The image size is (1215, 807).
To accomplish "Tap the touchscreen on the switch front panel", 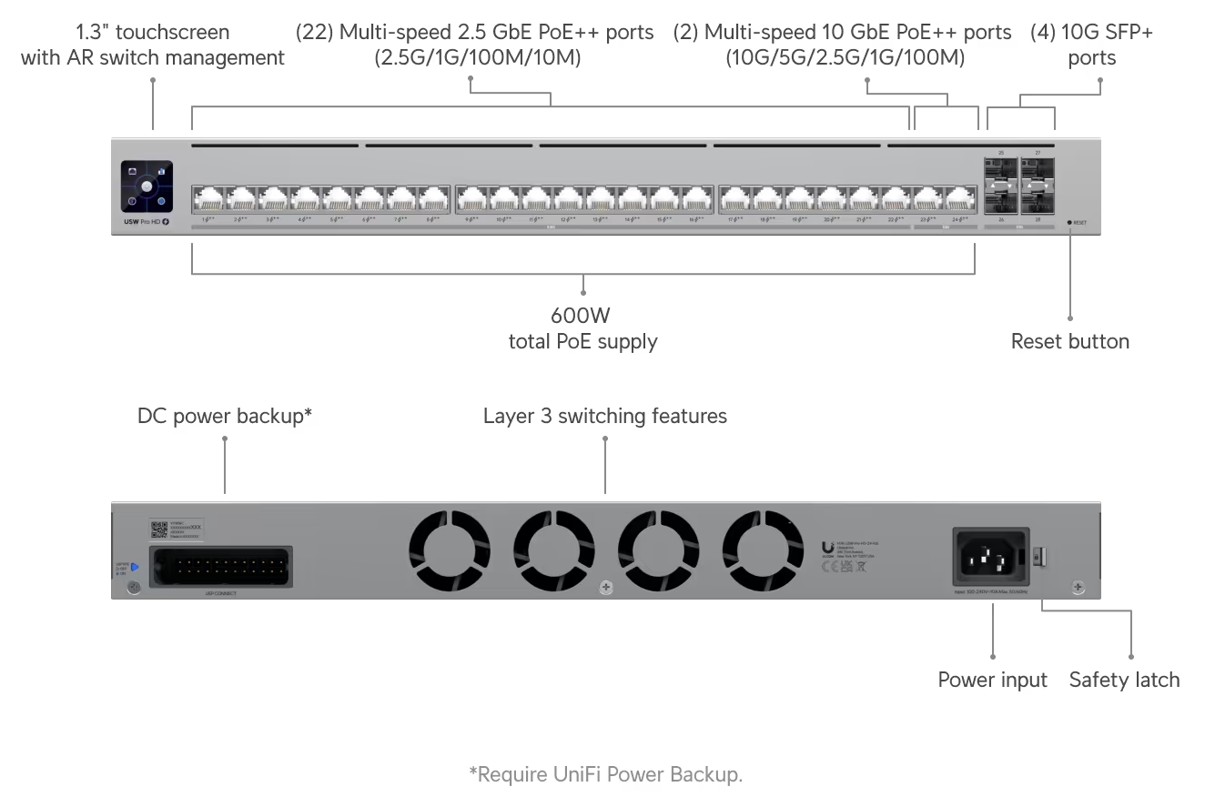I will [147, 186].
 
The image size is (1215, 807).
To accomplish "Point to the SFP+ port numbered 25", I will [1000, 170].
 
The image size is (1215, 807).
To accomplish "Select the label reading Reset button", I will [1069, 342].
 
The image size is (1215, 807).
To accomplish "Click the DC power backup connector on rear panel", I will [220, 569].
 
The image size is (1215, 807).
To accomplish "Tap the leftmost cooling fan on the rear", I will [449, 550].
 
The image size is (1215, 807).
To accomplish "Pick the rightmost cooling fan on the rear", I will [763, 550].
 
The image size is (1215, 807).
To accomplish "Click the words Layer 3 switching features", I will [604, 417].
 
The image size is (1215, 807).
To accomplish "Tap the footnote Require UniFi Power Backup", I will [605, 774].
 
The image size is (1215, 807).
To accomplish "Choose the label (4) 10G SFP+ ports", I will [1091, 45].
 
